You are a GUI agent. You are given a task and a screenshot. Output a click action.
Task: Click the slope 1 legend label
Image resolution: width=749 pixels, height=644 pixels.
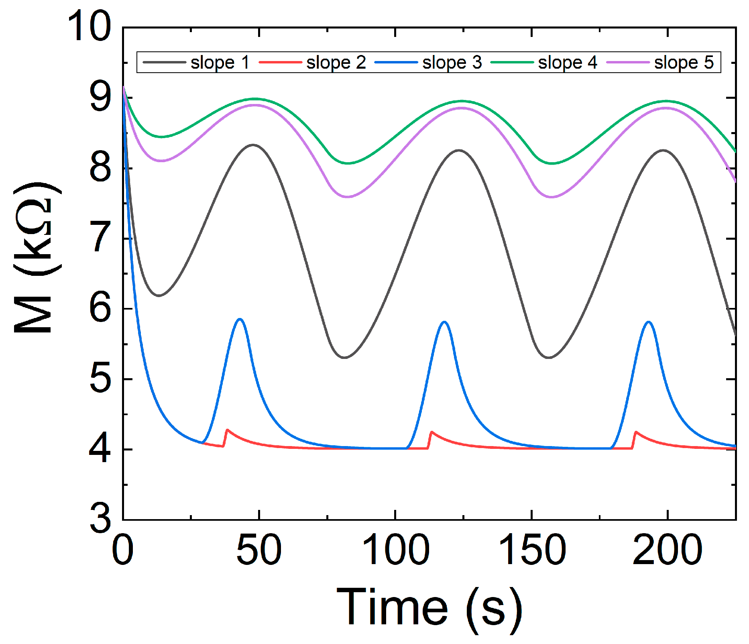click(220, 63)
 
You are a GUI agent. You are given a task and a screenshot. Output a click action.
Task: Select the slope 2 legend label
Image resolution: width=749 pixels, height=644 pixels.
click(336, 63)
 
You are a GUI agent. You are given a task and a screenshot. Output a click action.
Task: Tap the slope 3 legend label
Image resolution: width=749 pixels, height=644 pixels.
click(452, 63)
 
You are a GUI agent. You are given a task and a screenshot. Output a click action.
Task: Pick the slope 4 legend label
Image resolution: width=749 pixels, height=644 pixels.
click(567, 63)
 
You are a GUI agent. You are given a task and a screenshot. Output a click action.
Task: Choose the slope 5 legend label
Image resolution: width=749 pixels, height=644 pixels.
click(684, 63)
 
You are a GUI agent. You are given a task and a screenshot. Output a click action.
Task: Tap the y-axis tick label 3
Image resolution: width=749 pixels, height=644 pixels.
click(100, 519)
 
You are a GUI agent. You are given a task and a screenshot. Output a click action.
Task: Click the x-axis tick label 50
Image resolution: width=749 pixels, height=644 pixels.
click(259, 550)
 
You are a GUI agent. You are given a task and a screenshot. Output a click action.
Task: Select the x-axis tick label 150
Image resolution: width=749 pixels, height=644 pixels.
click(532, 550)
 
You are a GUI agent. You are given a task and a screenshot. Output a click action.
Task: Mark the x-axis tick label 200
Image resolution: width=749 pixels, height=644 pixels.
click(667, 550)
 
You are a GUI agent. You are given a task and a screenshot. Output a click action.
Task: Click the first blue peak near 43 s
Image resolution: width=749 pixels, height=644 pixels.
click(240, 319)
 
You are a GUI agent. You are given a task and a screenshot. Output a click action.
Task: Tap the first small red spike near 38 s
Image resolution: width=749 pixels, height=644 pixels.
click(227, 430)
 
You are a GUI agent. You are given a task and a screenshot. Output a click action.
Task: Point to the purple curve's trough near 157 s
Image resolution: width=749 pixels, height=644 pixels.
click(552, 197)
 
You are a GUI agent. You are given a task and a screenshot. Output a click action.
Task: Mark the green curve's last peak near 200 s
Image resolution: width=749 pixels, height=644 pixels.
click(666, 101)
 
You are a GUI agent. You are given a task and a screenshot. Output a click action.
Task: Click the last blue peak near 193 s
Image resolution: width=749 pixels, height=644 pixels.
click(648, 322)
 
